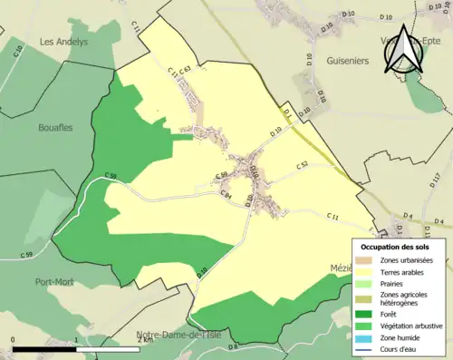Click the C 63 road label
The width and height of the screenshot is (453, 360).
(x=185, y=70)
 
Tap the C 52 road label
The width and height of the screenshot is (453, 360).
(x=303, y=164)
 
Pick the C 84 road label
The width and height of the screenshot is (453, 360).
(x=226, y=194)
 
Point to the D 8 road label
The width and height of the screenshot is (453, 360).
(x=234, y=347)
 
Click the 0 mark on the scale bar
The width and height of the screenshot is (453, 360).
(x=14, y=340)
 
